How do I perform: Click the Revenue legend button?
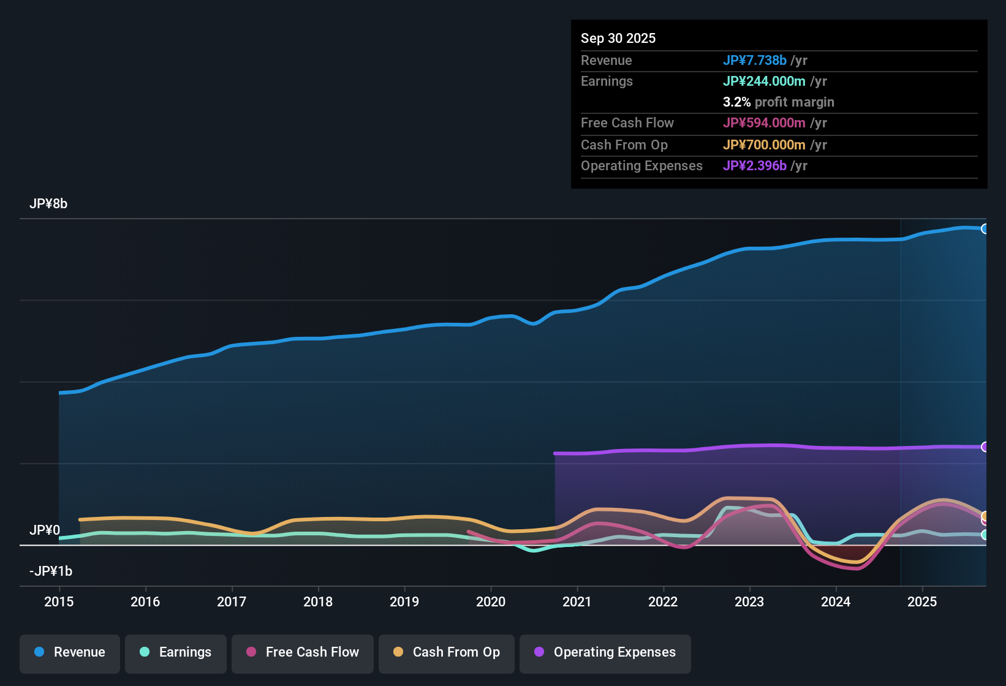click(x=70, y=652)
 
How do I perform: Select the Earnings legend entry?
click(x=176, y=652)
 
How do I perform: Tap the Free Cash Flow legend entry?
click(x=303, y=652)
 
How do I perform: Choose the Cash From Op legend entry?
click(x=447, y=652)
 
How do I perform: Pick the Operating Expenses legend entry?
click(x=605, y=652)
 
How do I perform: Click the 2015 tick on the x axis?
click(x=59, y=601)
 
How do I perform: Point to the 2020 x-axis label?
click(x=491, y=601)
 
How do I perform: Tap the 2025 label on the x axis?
click(x=922, y=601)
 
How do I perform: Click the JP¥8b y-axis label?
click(x=48, y=204)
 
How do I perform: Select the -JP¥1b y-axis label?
click(x=51, y=571)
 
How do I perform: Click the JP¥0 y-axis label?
click(x=45, y=530)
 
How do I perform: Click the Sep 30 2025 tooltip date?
click(x=618, y=38)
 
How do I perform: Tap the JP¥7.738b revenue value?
click(x=754, y=60)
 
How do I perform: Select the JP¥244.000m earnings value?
click(x=764, y=81)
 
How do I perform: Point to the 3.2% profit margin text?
click(x=778, y=102)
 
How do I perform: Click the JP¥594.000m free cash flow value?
click(x=764, y=123)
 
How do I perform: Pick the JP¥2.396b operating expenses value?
click(x=754, y=165)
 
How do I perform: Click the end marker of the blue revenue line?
click(x=985, y=228)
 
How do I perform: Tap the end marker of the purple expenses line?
click(x=985, y=447)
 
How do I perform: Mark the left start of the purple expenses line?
click(x=555, y=453)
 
